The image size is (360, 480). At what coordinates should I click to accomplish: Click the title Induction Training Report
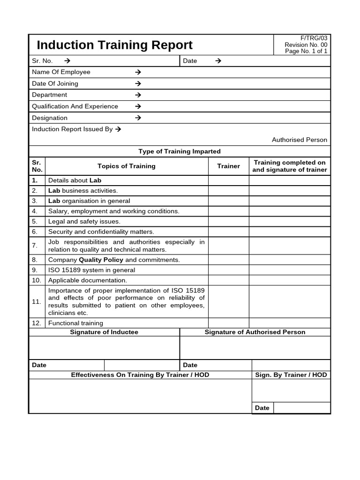[114, 45]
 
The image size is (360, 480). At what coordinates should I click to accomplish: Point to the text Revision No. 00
[306, 45]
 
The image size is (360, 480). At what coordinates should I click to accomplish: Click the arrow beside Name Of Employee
[138, 72]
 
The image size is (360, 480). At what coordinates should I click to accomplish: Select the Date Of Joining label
[55, 83]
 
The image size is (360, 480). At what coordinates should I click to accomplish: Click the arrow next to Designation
[138, 118]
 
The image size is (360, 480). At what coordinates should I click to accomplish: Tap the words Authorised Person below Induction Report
[299, 140]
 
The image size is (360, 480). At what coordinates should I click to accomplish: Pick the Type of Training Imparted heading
[180, 151]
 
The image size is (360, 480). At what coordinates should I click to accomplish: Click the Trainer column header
[228, 166]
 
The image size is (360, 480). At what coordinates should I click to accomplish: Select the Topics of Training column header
[126, 166]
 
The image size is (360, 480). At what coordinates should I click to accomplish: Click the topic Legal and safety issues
[84, 221]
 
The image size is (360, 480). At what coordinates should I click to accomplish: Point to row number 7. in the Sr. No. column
[35, 246]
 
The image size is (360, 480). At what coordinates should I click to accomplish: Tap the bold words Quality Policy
[101, 260]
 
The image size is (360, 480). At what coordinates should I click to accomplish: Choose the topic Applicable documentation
[87, 280]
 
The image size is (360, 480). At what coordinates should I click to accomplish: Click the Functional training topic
[75, 323]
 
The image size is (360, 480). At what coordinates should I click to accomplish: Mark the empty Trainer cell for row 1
[228, 180]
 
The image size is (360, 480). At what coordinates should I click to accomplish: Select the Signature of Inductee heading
[104, 332]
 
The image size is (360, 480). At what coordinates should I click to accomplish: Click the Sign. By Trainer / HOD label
[291, 375]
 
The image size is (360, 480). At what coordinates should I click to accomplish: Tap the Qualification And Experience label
[75, 106]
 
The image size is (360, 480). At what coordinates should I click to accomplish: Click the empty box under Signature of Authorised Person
[255, 348]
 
